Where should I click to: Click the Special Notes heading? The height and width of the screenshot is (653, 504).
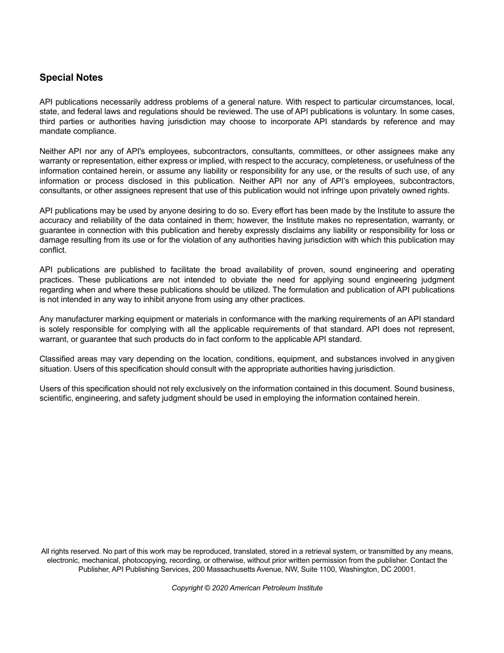[71, 78]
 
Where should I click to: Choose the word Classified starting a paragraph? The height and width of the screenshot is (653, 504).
[57, 359]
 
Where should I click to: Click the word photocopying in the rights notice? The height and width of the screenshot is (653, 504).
[145, 560]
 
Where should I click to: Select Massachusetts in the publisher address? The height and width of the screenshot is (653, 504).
[231, 569]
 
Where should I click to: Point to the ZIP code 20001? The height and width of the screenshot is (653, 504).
[405, 569]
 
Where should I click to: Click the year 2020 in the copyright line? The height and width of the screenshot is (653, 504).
[220, 588]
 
